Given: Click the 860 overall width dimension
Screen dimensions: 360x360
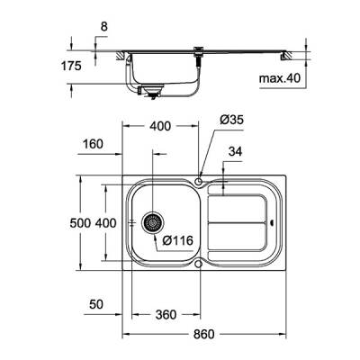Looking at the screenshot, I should [204, 335].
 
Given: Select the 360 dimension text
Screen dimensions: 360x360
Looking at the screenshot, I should [165, 315].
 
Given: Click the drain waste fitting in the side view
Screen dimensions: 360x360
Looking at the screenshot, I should [151, 90].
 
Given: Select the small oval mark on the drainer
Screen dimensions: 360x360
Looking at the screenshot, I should [273, 222].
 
